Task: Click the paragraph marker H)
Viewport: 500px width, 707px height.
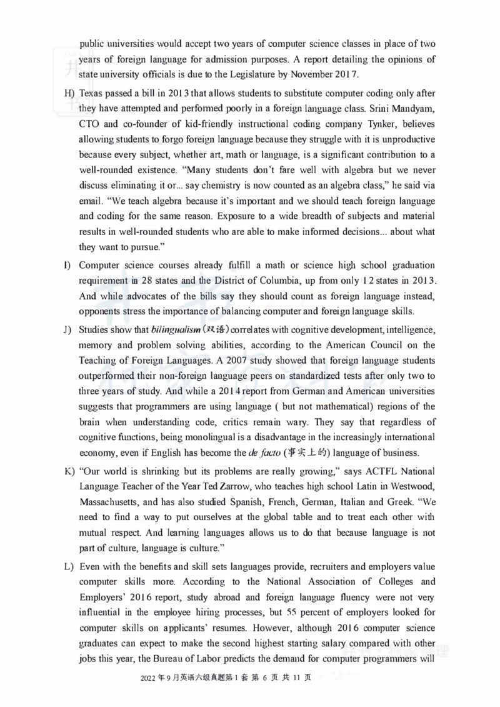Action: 69,93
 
